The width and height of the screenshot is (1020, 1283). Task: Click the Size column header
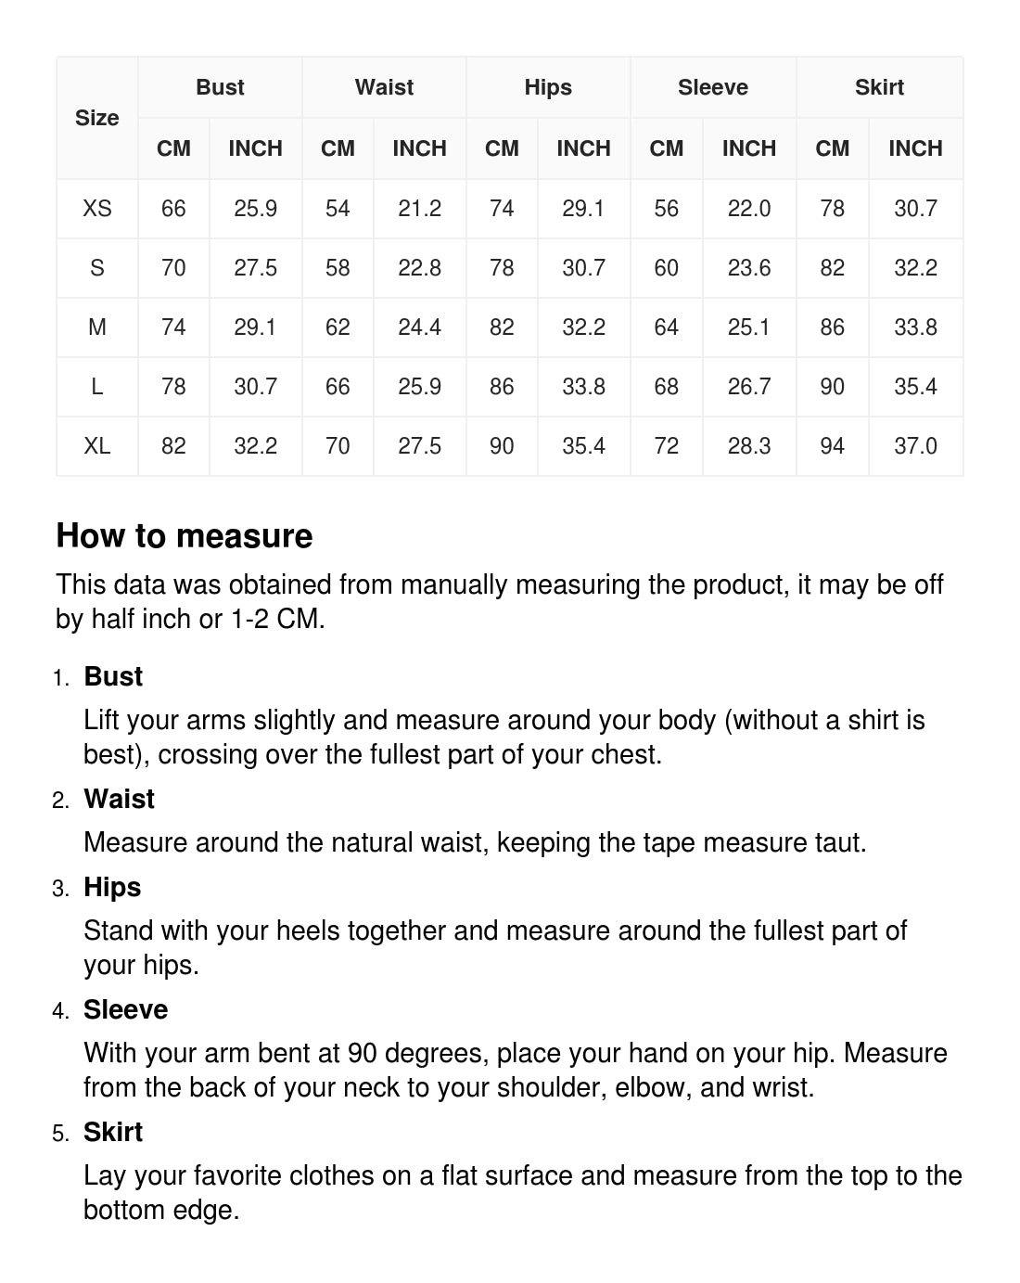tap(96, 118)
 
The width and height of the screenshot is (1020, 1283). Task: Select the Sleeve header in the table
tap(712, 87)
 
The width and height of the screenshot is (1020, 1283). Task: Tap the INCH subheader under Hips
tap(583, 148)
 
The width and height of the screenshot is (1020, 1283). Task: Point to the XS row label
tap(96, 209)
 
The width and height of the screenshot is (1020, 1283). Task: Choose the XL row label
tap(96, 446)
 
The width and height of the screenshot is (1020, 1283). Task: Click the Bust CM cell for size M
tap(173, 327)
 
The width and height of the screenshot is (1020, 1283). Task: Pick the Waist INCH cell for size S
tap(419, 268)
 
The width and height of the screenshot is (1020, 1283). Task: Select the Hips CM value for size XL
tap(502, 446)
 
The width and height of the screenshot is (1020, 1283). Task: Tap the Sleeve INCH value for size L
tap(748, 387)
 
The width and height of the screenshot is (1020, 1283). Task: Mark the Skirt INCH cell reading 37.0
tap(915, 446)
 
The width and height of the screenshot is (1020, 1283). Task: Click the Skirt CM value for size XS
tap(832, 209)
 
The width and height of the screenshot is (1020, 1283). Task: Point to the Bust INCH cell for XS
tap(255, 209)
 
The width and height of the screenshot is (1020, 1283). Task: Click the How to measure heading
tap(185, 536)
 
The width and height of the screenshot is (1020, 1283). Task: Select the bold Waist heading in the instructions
tap(119, 799)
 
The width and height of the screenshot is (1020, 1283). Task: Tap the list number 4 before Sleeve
tap(60, 1011)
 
